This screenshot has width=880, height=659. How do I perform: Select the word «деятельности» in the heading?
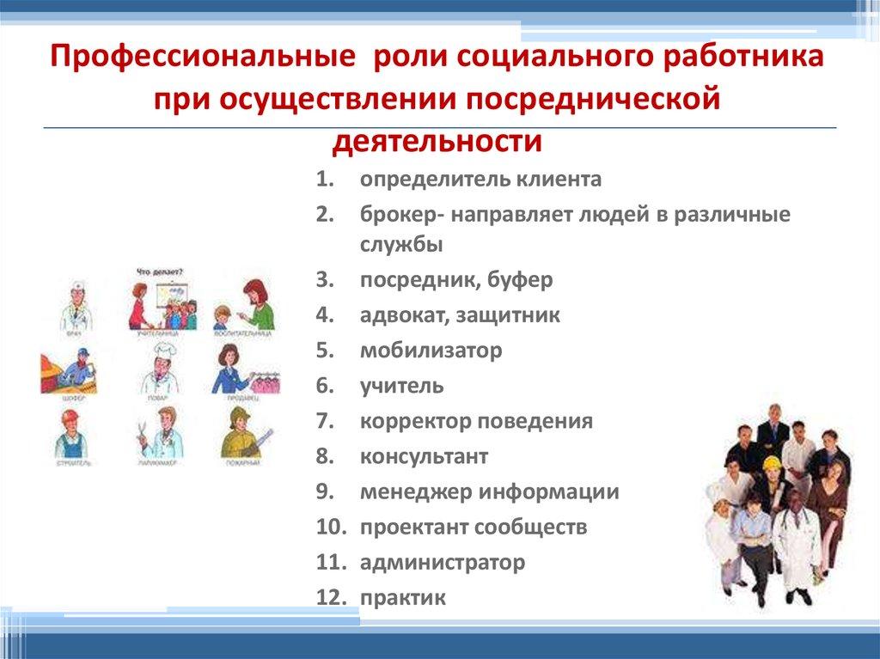438,139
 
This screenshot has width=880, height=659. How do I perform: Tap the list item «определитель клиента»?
480,180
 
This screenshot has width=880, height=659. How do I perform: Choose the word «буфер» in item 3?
520,279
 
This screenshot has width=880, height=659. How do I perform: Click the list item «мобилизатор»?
431,351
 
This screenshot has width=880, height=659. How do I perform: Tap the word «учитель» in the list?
401,386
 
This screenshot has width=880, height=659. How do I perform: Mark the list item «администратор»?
442,562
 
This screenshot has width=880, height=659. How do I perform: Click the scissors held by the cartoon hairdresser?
143,426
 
